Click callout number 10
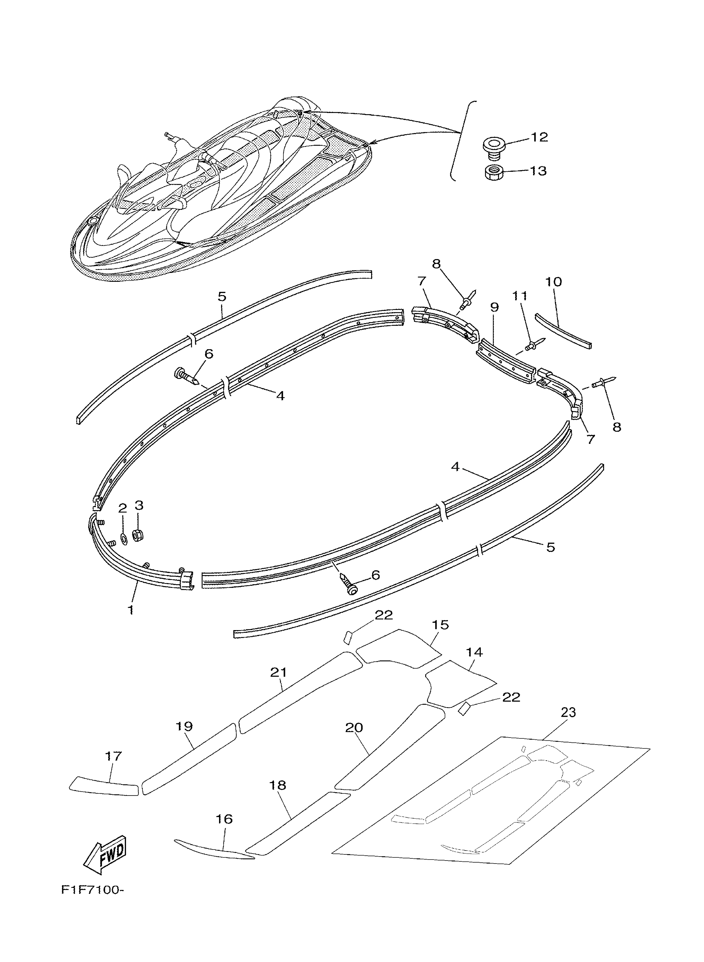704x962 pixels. tap(553, 282)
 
